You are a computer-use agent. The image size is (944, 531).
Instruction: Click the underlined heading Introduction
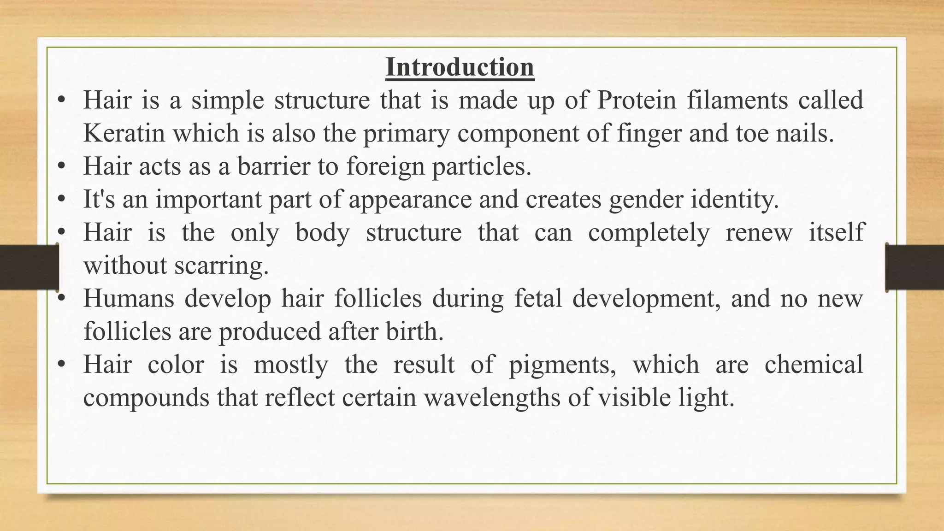point(460,67)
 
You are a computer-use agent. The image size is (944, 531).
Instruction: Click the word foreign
point(385,166)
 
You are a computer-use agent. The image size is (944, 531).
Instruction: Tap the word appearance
point(410,200)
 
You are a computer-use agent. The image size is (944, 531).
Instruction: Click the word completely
point(649,232)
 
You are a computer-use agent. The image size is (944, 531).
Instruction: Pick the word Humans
point(129,298)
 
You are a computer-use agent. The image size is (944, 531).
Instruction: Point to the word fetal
point(538,298)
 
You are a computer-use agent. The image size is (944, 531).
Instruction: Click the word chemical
point(814,365)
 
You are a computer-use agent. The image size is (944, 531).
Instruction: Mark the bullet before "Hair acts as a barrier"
point(61,167)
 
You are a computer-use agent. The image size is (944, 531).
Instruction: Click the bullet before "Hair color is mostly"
point(61,365)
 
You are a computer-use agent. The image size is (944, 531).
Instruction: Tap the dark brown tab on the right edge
point(914,267)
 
